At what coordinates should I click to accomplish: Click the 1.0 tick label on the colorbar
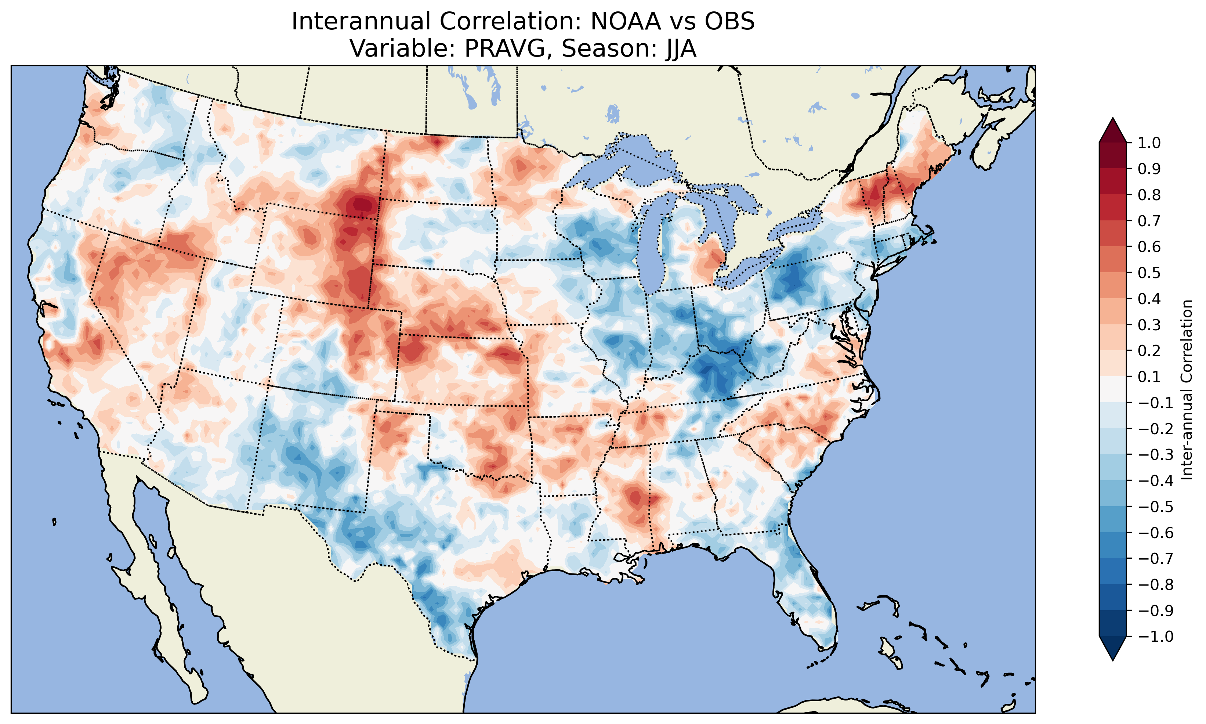point(1149,143)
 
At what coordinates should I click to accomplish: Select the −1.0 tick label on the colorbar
point(1155,637)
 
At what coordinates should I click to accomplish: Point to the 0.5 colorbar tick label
point(1149,273)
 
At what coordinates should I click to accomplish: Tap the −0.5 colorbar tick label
point(1155,507)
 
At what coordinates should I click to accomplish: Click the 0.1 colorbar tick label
point(1149,377)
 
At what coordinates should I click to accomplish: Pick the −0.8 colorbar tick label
point(1155,584)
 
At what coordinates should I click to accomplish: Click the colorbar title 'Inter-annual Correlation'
point(1187,390)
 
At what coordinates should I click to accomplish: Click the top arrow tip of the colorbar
point(1112,119)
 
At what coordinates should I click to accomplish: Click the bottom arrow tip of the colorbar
point(1112,660)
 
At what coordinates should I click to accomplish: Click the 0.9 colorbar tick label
point(1149,169)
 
